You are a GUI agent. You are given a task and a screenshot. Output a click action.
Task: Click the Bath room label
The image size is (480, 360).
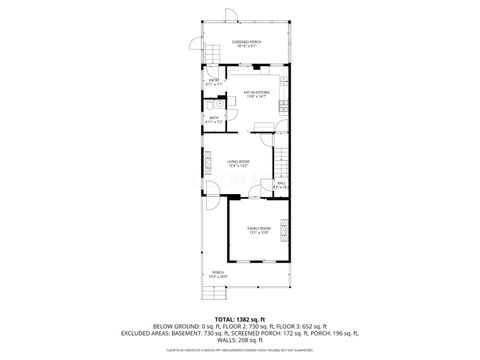point(214,120)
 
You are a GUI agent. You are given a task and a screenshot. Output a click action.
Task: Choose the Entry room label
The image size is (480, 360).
point(214,84)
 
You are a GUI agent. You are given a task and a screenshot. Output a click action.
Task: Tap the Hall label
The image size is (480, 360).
point(281,184)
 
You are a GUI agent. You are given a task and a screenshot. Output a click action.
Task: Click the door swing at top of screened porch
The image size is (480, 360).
point(231,14)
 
